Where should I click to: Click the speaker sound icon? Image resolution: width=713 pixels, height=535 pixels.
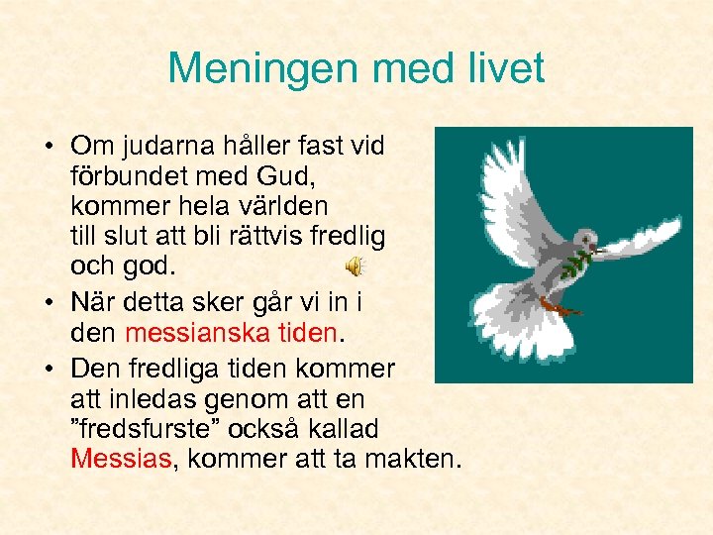click(354, 266)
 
